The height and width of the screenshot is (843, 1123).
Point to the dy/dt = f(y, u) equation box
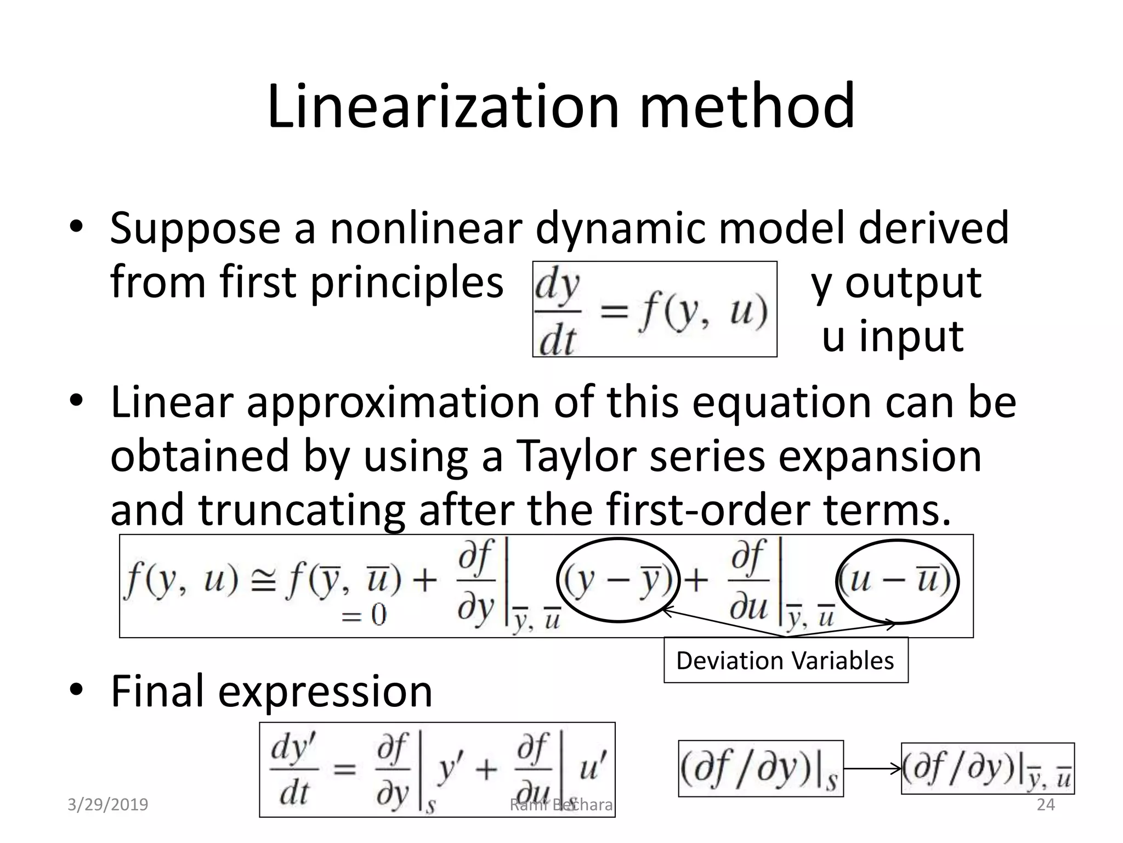654,309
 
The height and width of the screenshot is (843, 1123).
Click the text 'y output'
896,283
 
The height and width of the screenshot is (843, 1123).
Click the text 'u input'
892,336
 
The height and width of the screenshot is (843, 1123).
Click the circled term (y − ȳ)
618,581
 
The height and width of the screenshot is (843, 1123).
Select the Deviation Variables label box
785,660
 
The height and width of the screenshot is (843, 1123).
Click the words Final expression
271,691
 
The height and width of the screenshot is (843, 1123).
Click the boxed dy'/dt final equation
437,769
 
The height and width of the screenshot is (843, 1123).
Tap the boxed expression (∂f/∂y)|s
761,768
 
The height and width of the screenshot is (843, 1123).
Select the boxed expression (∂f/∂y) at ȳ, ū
988,768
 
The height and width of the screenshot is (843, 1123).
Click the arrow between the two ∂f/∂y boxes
872,768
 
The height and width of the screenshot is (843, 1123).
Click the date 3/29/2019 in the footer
107,805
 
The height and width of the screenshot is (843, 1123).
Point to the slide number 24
1045,804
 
